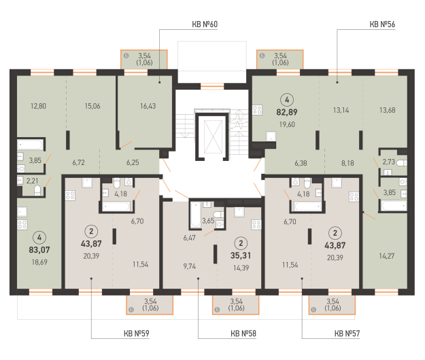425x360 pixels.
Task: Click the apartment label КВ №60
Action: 205,24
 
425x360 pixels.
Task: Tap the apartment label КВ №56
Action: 382,24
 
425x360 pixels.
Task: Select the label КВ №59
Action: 136,334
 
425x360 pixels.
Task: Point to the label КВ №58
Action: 243,334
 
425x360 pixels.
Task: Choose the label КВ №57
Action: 347,334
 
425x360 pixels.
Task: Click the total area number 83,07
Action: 39,249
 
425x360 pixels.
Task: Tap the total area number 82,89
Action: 287,112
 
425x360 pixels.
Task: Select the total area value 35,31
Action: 241,255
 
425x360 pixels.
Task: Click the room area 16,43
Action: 148,106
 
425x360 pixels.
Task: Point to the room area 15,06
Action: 92,106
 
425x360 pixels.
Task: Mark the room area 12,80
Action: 38,106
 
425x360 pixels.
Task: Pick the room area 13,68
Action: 388,110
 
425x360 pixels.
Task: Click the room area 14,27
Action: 387,256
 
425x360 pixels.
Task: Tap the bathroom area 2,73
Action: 389,162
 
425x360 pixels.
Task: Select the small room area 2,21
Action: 32,181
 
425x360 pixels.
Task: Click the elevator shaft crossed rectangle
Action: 213,137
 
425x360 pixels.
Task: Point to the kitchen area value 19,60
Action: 287,124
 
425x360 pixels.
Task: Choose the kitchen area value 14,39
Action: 241,268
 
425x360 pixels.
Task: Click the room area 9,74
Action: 190,266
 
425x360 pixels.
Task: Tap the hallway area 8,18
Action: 347,163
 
